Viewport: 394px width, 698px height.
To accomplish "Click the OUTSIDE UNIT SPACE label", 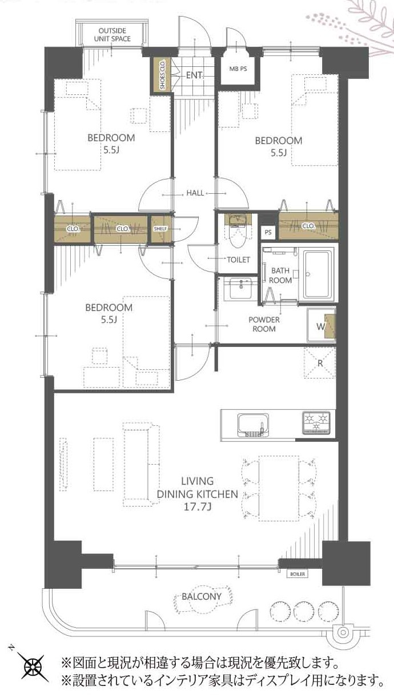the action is tap(112, 35).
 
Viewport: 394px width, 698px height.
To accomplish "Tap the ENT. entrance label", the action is tap(195, 75).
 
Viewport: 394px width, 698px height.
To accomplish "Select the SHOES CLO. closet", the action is tap(162, 75).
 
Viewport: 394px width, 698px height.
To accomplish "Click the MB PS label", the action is tap(238, 69).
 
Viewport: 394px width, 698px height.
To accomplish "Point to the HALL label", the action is tap(195, 193).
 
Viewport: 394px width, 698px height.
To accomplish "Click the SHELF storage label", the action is tap(160, 229).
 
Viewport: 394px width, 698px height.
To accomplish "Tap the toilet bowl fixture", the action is tap(238, 231).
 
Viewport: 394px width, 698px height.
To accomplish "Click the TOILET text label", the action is tap(238, 260).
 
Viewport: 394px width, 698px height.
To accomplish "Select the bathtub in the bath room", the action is tap(317, 274).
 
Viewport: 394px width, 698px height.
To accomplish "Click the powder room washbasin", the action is tap(241, 288).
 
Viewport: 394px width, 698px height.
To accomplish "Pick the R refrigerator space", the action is tap(320, 363).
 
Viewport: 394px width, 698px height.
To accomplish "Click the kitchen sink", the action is tap(254, 425).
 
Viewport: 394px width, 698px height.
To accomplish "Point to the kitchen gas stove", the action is tap(316, 423).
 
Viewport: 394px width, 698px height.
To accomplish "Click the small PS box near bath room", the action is tap(268, 232).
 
